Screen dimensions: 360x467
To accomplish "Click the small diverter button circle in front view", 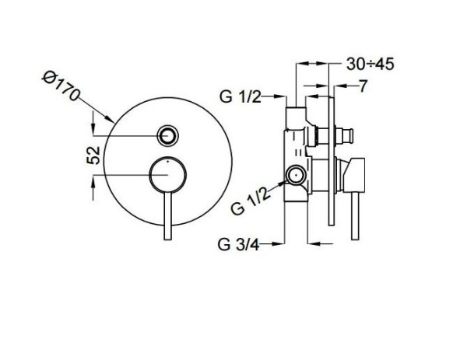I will click(167, 136).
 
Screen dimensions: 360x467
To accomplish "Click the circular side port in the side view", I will click(297, 177).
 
